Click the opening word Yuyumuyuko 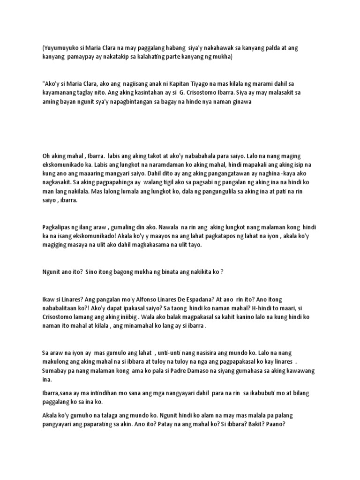click(62, 48)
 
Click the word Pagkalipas click(59, 227)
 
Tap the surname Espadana click(207, 299)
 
